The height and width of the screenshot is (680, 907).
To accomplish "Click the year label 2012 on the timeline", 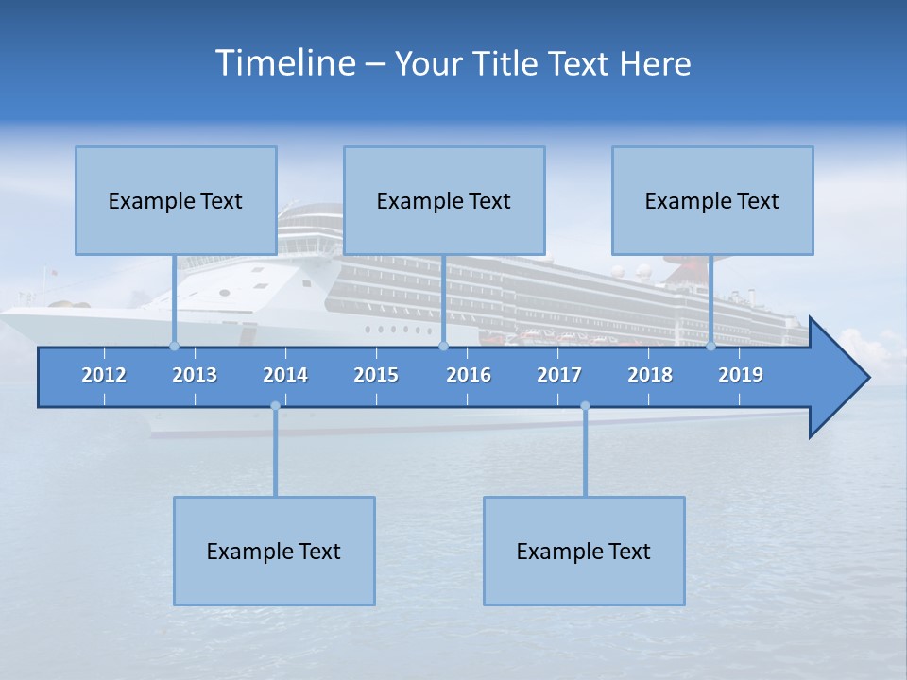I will click(x=104, y=375).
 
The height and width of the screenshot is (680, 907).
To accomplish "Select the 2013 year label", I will click(x=195, y=375).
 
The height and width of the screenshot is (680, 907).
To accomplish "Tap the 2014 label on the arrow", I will click(x=285, y=375).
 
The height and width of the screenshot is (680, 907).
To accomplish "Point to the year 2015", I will click(x=376, y=375).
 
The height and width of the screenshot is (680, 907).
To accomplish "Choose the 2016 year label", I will click(x=469, y=375).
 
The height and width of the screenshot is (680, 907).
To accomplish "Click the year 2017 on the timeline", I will click(x=559, y=375).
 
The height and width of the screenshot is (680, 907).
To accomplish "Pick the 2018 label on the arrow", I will click(x=650, y=375).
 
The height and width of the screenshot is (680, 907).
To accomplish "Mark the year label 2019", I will click(x=741, y=375).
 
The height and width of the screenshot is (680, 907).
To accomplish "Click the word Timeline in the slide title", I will click(x=283, y=63).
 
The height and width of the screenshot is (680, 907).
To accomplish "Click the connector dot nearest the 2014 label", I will click(x=275, y=406).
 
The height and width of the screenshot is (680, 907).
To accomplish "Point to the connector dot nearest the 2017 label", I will click(x=585, y=406).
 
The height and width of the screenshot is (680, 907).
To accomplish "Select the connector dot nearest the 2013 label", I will click(x=174, y=346).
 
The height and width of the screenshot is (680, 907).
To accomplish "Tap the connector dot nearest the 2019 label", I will click(x=710, y=346).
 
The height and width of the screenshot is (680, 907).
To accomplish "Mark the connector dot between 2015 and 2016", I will click(x=443, y=346).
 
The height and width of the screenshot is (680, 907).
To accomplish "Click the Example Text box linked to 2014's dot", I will click(x=274, y=551).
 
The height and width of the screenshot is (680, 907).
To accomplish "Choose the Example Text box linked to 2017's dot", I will click(x=584, y=551).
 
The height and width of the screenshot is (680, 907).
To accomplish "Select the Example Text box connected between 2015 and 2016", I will click(x=444, y=200).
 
